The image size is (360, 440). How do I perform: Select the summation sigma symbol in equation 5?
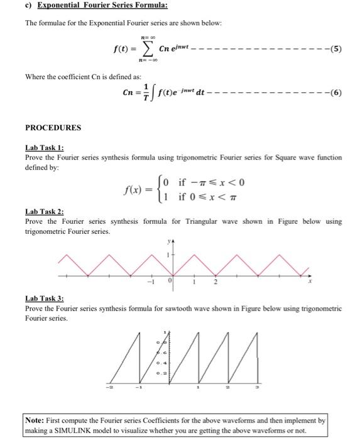[x=146, y=48]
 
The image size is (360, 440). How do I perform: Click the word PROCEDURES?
[x=53, y=128]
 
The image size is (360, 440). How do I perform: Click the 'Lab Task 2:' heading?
[x=45, y=212]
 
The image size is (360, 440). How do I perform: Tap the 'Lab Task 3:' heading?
[x=45, y=299]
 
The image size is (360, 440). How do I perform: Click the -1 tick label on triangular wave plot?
[x=151, y=282]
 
